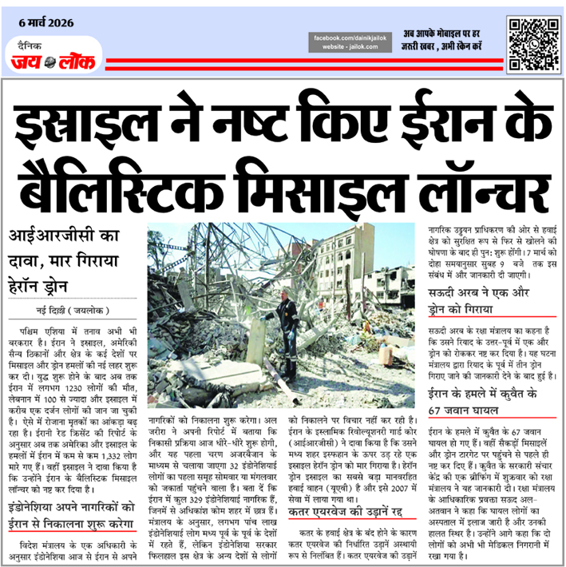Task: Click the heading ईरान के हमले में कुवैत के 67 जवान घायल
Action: click(487, 403)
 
